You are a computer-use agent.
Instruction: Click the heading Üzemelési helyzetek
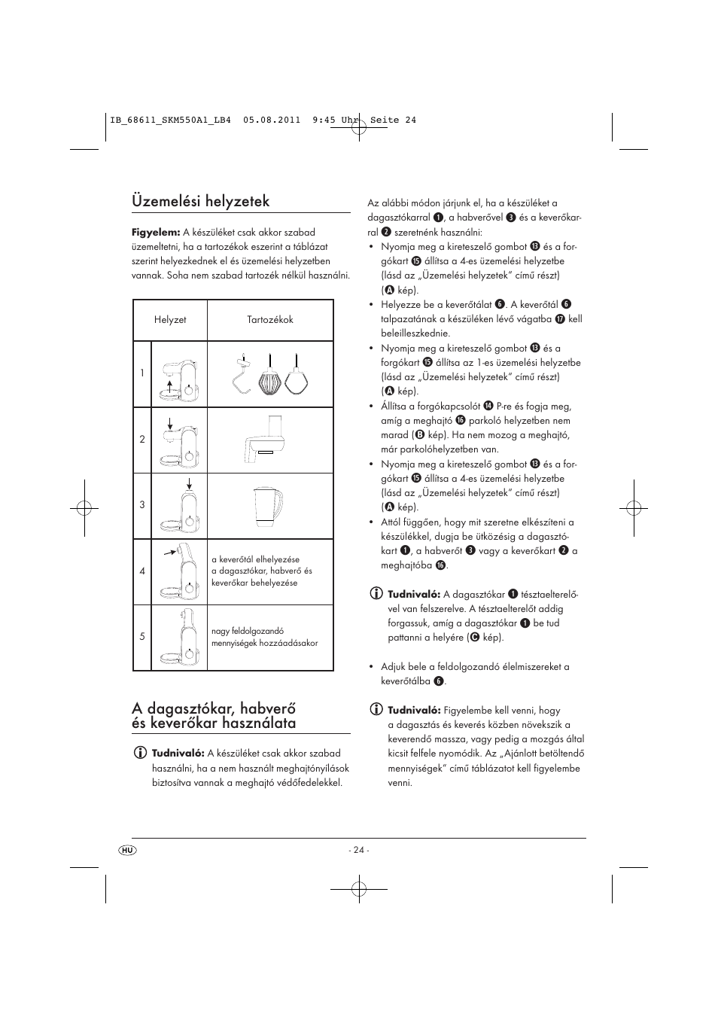coord(200,201)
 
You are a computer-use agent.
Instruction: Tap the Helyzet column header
coord(170,320)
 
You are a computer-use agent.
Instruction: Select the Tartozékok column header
coord(270,320)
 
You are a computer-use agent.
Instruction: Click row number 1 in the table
coord(141,373)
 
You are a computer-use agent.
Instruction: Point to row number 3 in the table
coord(141,505)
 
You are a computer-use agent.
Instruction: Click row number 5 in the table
coord(141,637)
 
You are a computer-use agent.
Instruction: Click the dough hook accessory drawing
coord(242,373)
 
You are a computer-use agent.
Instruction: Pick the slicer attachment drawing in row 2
coord(263,440)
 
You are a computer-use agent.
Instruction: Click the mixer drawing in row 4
coord(179,571)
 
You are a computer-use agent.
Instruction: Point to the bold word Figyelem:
coord(156,233)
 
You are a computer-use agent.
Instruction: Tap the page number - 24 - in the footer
coord(359,850)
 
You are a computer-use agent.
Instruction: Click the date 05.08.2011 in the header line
coord(272,120)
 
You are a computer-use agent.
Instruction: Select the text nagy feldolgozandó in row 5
coord(248,632)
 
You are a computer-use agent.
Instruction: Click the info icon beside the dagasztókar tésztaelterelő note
coord(376,594)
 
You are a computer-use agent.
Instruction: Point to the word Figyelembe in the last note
coord(469,711)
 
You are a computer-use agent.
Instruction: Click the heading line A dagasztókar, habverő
coord(214,708)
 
